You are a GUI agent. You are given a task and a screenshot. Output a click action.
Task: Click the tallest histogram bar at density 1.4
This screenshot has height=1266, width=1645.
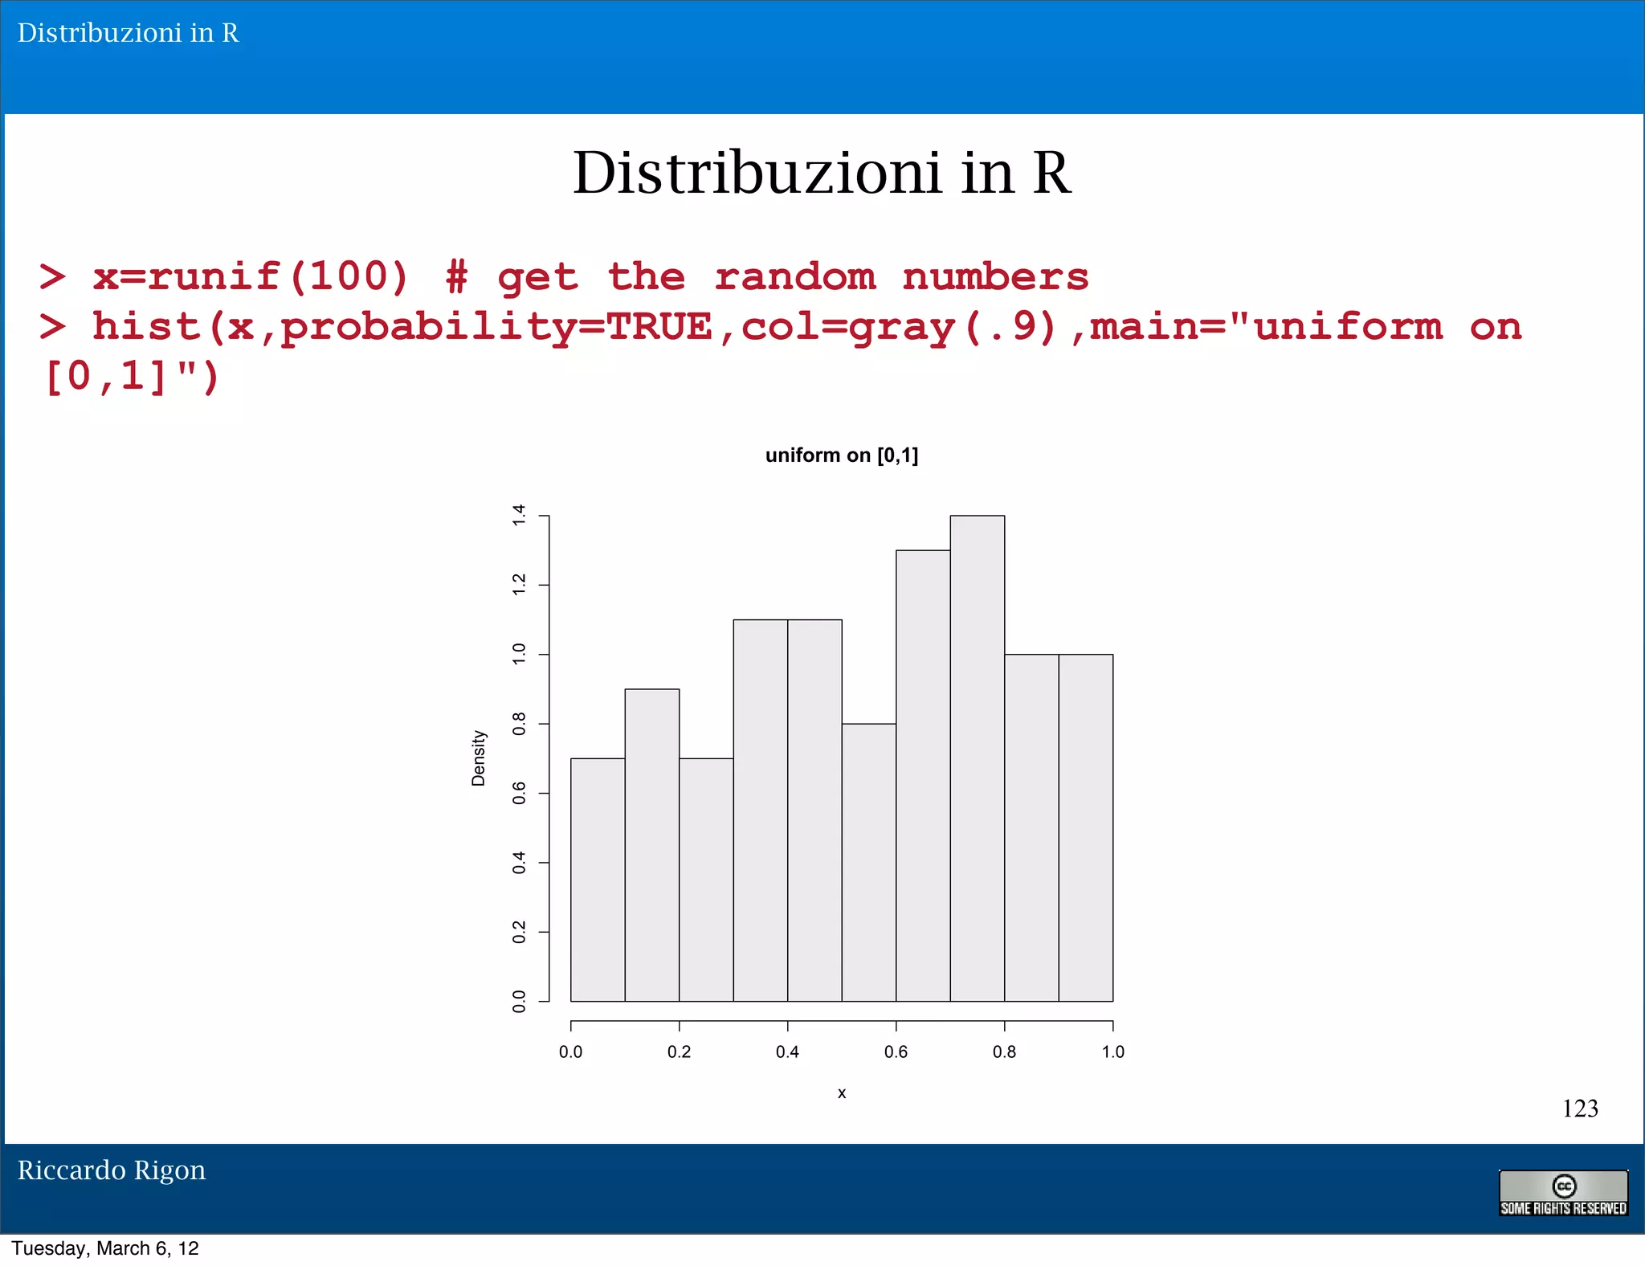click(977, 758)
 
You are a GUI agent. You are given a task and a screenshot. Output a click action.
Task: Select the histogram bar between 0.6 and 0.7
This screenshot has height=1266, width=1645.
click(923, 775)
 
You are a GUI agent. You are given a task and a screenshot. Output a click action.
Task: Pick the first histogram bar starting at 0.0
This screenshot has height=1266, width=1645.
click(598, 880)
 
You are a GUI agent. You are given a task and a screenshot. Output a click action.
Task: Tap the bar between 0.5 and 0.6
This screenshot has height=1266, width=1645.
click(869, 862)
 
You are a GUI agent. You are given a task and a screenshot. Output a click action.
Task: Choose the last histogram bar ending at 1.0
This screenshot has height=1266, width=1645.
click(1086, 827)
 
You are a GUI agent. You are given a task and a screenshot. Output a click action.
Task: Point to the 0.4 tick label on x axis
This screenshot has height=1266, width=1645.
click(787, 1052)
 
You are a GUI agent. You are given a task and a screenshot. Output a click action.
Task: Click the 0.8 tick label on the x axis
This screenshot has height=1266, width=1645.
click(1004, 1052)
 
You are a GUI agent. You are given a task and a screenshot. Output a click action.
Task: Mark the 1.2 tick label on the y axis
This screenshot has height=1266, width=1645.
click(520, 585)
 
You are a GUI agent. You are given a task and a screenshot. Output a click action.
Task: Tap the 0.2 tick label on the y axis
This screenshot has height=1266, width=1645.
click(520, 932)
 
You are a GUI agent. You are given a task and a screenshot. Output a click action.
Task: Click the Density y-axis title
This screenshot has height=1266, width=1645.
click(479, 758)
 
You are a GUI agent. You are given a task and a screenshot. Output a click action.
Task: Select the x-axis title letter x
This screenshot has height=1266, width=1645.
click(842, 1093)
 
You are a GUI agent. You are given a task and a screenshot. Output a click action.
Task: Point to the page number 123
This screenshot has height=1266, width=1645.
click(1580, 1109)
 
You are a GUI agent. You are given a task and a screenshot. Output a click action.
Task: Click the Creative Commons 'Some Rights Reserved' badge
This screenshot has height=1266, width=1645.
click(1563, 1193)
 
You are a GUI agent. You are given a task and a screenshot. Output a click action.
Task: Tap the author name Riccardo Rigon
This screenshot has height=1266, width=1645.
click(112, 1170)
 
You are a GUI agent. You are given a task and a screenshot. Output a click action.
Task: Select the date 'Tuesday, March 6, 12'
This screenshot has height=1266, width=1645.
click(105, 1248)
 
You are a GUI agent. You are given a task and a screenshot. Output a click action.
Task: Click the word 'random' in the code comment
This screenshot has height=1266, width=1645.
click(794, 277)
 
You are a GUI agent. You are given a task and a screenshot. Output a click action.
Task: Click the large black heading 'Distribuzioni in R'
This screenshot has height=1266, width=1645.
click(822, 173)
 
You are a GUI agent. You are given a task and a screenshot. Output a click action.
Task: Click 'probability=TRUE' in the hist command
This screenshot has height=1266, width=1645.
click(496, 328)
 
